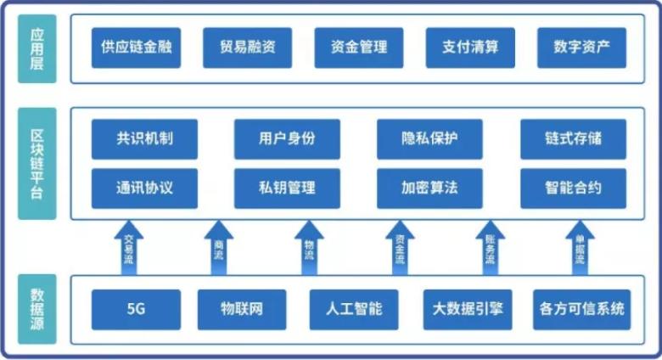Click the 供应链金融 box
point(136,48)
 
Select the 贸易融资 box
point(248,48)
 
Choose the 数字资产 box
point(581,48)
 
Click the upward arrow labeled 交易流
point(129,248)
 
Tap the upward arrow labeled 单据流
point(581,248)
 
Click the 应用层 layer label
point(36,48)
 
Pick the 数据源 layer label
point(36,309)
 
